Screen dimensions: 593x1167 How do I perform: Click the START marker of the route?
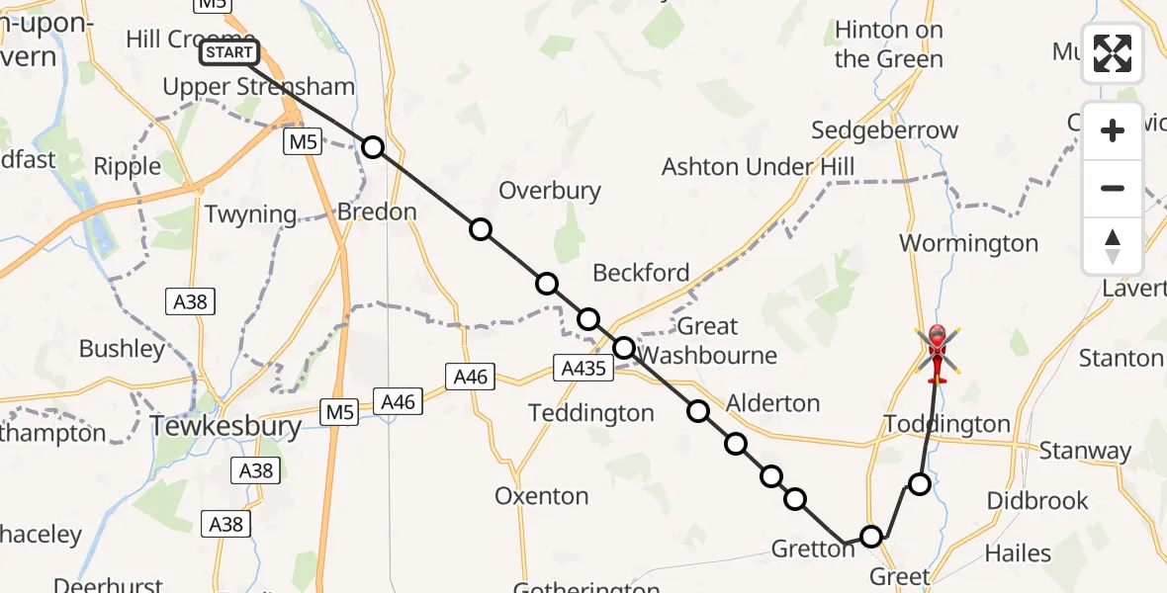(x=229, y=52)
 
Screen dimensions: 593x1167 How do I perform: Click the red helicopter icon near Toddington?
(x=937, y=354)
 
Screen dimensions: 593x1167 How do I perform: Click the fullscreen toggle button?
(x=1113, y=53)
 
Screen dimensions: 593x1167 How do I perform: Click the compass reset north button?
(x=1113, y=246)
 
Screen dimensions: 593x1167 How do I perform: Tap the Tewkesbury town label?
(x=225, y=427)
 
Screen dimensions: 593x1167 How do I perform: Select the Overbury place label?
(x=550, y=191)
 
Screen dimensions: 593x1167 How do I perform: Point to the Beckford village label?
(x=641, y=273)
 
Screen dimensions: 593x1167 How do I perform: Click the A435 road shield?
(x=583, y=369)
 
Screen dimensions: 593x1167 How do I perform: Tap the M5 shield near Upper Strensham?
(x=303, y=142)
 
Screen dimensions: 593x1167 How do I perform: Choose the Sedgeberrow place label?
(x=884, y=130)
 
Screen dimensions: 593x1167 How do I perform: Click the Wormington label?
(x=968, y=243)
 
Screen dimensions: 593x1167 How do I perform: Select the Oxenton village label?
(x=541, y=496)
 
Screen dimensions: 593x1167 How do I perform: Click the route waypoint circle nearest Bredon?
(x=372, y=147)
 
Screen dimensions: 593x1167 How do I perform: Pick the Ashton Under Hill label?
(x=758, y=166)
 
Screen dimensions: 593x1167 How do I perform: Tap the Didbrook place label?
(x=1037, y=501)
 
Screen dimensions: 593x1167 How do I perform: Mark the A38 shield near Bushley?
(x=190, y=301)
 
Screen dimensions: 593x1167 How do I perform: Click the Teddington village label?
(x=591, y=413)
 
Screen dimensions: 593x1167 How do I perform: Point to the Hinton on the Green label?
(x=888, y=44)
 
